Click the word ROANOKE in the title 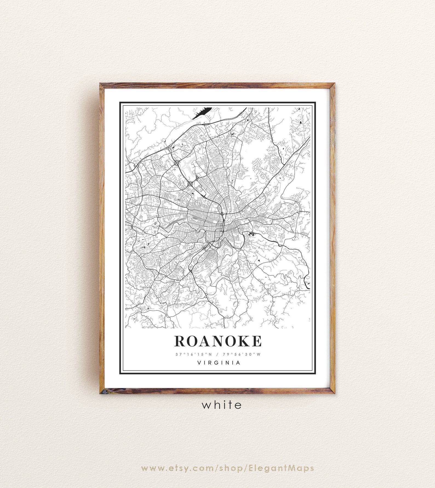218,341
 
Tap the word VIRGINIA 219,363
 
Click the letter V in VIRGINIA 199,363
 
